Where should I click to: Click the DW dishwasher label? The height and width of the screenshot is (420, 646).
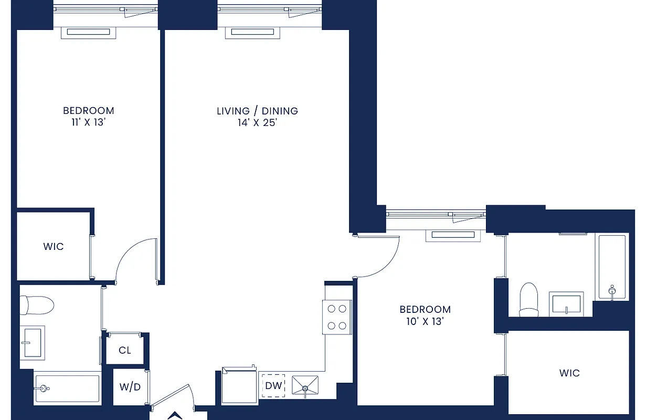[x=272, y=386]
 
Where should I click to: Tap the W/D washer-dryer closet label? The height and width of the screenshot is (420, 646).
[x=130, y=387]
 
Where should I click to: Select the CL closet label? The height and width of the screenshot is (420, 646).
[x=125, y=350]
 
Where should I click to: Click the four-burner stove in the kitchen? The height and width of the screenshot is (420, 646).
[x=337, y=318]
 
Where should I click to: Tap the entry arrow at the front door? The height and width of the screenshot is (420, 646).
[x=174, y=416]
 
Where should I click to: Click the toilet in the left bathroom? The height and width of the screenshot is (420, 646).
[x=38, y=304]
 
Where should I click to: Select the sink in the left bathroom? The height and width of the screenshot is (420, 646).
[x=33, y=342]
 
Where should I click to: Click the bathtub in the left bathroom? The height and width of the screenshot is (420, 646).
[x=67, y=389]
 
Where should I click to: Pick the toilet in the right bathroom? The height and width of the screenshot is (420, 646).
[x=528, y=300]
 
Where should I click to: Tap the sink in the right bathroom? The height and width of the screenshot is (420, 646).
[x=567, y=304]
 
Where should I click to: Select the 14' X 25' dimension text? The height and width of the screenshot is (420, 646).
[x=257, y=123]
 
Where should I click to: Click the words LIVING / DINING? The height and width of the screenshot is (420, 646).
[x=257, y=111]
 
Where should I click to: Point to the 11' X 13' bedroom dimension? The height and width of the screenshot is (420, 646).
[x=88, y=123]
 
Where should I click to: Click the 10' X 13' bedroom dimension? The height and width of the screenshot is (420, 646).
[x=425, y=322]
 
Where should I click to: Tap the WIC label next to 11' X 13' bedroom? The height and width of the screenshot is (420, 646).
[x=54, y=246]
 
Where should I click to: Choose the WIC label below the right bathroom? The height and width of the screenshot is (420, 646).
[x=569, y=373]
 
